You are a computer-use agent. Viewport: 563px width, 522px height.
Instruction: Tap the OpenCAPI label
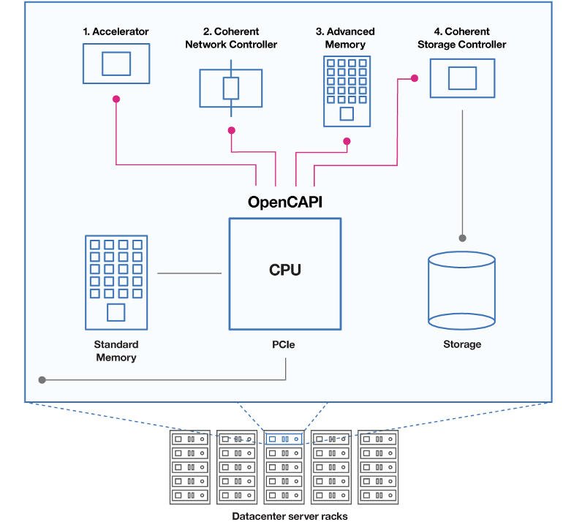[x=285, y=202]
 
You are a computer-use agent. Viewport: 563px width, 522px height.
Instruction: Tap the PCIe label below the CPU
[x=283, y=344]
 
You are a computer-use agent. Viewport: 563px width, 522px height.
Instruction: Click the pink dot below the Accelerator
[x=116, y=99]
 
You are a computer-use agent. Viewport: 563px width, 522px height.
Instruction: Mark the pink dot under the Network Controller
[x=232, y=130]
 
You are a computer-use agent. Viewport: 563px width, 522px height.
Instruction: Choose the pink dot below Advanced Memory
[x=347, y=141]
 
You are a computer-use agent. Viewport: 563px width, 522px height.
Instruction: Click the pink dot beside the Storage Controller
[x=415, y=78]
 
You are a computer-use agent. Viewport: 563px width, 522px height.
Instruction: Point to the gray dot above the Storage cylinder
[x=462, y=238]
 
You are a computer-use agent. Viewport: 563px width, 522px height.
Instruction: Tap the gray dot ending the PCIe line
[x=42, y=380]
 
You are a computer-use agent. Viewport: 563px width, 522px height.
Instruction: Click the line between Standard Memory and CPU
[x=189, y=273]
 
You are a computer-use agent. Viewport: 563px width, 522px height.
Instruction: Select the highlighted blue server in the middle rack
[x=284, y=439]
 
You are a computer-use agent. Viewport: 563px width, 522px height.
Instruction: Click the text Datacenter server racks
[x=290, y=516]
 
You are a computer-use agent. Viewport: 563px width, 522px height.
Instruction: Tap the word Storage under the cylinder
[x=462, y=344]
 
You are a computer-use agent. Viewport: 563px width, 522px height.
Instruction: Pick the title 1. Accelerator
[x=116, y=31]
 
